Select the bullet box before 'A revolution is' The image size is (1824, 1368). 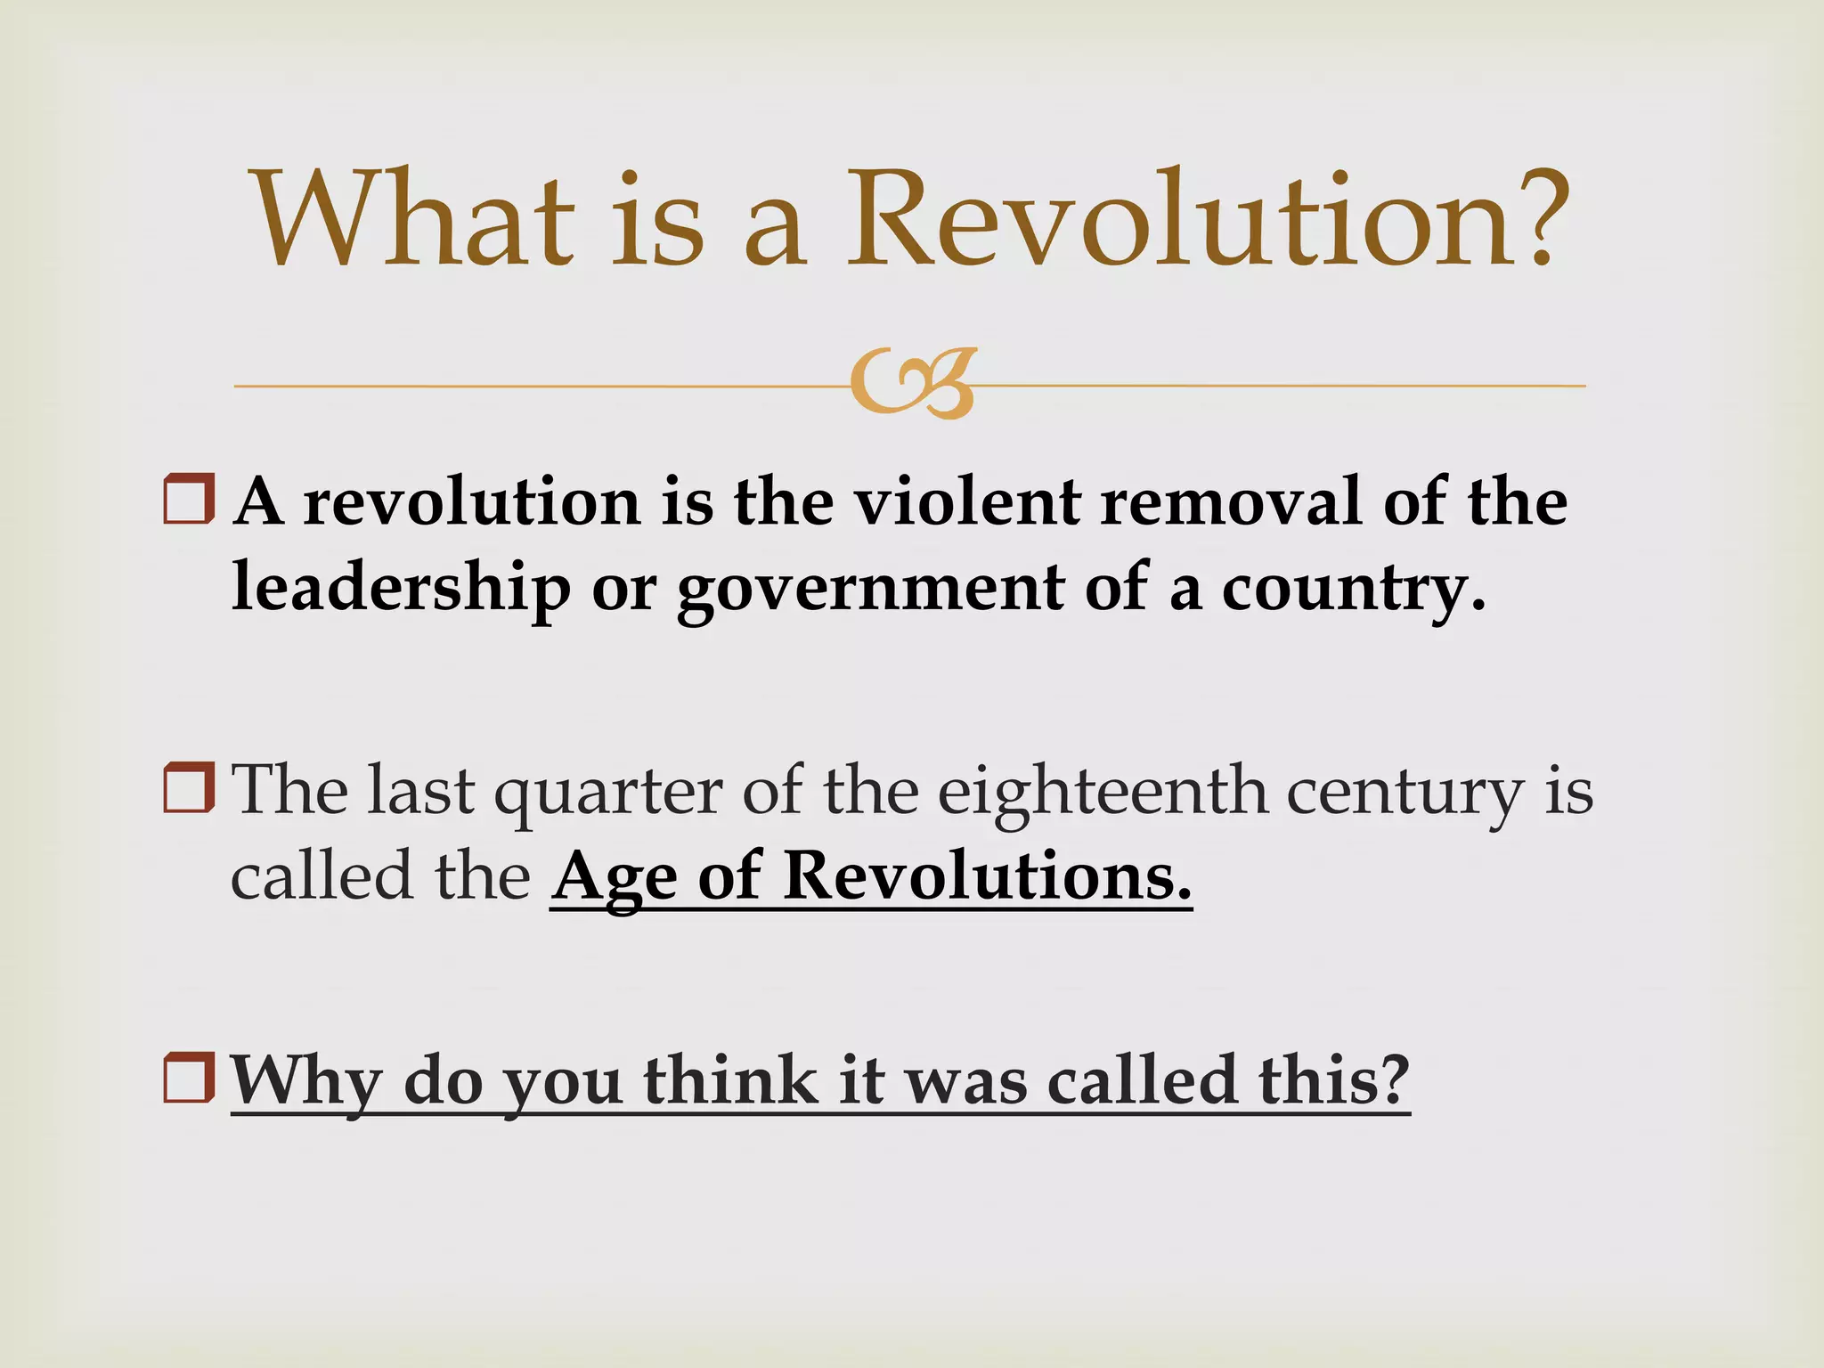tap(189, 499)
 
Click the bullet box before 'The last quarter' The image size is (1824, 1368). tap(189, 787)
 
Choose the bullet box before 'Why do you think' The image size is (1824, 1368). tap(189, 1077)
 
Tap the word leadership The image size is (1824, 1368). tap(401, 589)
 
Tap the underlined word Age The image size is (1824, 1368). tap(614, 878)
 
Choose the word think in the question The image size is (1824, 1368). tap(730, 1079)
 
